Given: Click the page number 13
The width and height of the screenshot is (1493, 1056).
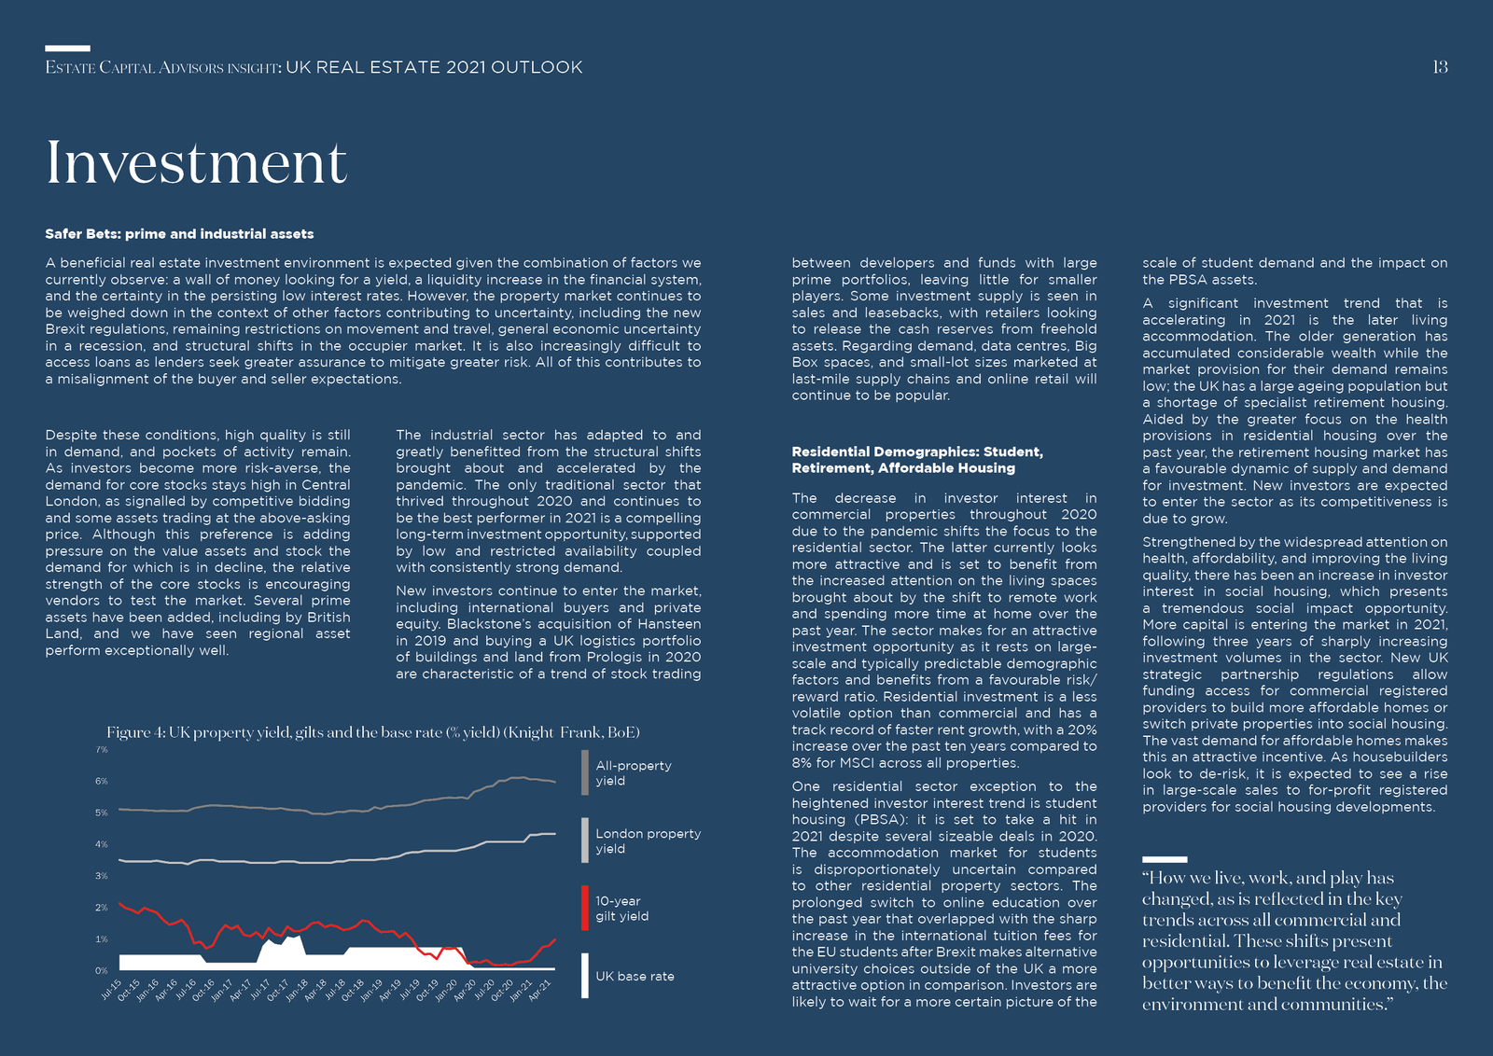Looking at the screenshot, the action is click(x=1440, y=67).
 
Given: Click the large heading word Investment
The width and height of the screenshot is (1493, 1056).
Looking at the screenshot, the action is click(x=196, y=162).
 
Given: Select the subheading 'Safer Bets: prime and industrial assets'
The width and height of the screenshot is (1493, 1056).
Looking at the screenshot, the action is click(x=179, y=234).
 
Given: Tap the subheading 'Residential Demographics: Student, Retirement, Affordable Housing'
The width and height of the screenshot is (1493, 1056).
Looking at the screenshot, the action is click(x=917, y=460).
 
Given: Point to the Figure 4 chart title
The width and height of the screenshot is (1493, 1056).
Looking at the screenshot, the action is click(x=373, y=732).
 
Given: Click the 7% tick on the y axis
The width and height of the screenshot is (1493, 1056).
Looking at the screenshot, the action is click(x=102, y=749).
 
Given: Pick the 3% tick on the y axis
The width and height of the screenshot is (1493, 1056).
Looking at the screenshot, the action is click(x=102, y=875).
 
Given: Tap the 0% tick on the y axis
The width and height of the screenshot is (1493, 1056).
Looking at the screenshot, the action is click(x=102, y=971).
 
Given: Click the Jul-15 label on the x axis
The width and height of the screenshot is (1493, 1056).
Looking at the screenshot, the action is click(x=111, y=990).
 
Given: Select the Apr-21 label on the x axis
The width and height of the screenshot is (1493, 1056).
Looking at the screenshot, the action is click(x=540, y=990).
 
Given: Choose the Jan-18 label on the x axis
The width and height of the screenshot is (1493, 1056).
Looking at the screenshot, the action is click(x=298, y=990).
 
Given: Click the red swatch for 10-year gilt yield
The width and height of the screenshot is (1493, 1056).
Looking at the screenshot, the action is click(x=584, y=908).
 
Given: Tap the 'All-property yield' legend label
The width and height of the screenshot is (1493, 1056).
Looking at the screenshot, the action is click(x=634, y=772).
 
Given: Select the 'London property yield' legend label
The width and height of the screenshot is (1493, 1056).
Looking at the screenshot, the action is click(x=648, y=841).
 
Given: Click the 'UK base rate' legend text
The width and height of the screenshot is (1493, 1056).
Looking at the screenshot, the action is click(x=635, y=976).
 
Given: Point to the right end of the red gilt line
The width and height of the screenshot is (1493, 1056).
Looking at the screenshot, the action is click(x=555, y=939).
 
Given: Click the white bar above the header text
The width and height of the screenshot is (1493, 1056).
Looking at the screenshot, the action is click(x=67, y=48).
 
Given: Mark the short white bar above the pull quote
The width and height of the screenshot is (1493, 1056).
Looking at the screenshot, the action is click(x=1165, y=859).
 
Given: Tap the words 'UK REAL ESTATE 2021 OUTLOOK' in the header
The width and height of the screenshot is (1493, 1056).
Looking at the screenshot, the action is click(x=434, y=67).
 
